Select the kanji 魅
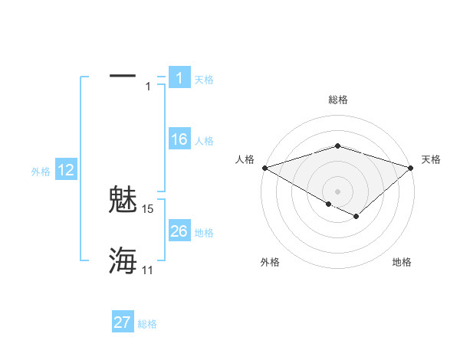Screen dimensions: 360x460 (123, 201)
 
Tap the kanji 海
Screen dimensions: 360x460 (123, 260)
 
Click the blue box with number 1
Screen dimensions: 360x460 (179, 78)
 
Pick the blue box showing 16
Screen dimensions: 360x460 (179, 139)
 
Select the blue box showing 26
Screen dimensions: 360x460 (179, 231)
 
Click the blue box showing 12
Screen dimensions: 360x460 (65, 170)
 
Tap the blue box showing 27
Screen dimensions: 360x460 (123, 322)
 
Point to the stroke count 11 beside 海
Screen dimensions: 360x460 (148, 270)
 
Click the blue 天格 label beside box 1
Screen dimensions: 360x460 (204, 80)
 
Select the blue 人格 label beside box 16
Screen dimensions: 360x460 (204, 141)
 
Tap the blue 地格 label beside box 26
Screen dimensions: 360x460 (204, 232)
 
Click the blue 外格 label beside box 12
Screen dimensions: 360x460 (41, 172)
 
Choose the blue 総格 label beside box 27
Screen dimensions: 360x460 (147, 324)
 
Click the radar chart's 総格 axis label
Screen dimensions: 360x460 (337, 100)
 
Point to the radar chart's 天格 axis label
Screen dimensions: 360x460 (431, 159)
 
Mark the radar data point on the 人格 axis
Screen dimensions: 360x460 (264, 167)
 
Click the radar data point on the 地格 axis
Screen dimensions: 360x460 (356, 217)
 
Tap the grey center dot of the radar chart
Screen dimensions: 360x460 (337, 191)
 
